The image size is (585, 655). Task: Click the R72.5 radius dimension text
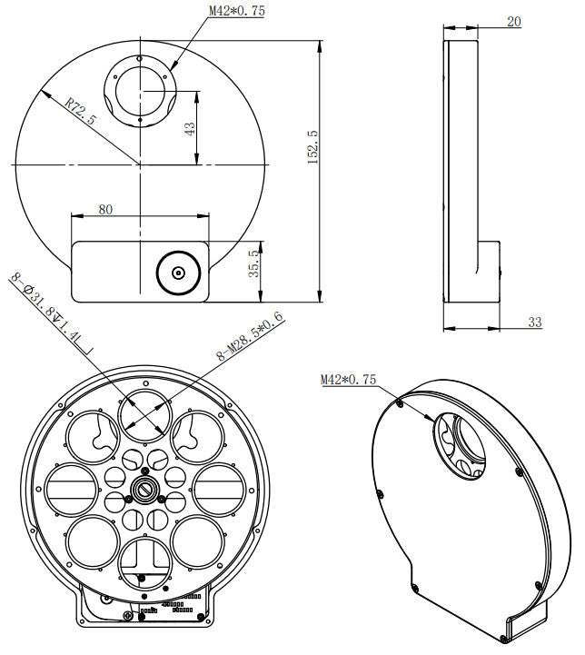[x=82, y=114]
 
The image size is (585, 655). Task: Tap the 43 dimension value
[x=190, y=128]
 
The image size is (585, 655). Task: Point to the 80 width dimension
[x=105, y=210]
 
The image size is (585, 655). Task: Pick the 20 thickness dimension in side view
[x=514, y=22]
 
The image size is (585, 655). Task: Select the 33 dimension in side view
[x=533, y=322]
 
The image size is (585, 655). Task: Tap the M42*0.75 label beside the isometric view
[x=348, y=380]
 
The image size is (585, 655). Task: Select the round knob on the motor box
[x=178, y=272]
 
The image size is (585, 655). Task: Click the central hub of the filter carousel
[x=144, y=490]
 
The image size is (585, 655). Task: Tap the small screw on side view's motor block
[x=501, y=268]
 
